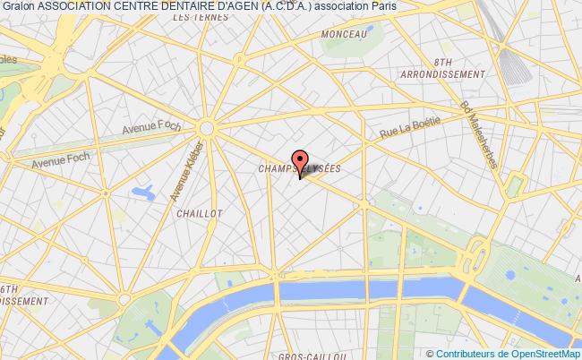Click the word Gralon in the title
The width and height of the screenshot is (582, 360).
(x=18, y=6)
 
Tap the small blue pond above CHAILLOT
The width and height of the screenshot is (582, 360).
(x=142, y=191)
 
